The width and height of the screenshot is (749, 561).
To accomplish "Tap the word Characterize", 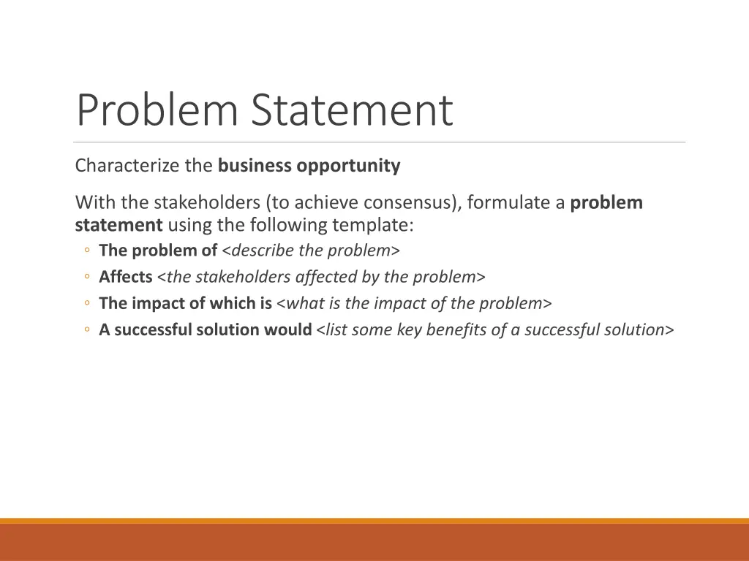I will point(128,166).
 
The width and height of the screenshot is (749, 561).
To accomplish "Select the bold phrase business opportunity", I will point(309,166).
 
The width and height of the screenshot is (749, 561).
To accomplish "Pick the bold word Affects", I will point(126,277).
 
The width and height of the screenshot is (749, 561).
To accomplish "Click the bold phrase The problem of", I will point(158,251).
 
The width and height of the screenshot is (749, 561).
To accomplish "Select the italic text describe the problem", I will point(311,251).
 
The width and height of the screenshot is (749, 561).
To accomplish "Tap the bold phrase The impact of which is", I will point(186,303).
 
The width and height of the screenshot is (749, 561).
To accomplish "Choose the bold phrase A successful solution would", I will point(206,329).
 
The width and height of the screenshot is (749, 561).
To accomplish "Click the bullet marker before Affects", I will point(86,278).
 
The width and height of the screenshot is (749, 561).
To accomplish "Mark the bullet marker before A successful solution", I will point(86,330).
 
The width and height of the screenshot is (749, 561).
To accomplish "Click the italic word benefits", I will point(457,329).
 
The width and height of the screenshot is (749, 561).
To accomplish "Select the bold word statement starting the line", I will point(118,224).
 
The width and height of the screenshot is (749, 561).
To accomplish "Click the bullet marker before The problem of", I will point(86,251).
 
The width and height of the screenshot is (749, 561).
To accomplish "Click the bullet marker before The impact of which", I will point(86,304).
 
